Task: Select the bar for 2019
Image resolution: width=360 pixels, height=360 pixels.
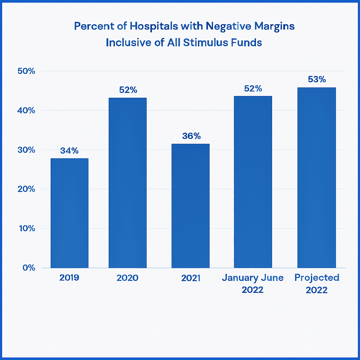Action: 70,213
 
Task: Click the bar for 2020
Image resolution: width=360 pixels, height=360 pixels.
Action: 128,183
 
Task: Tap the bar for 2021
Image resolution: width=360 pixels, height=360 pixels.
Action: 191,206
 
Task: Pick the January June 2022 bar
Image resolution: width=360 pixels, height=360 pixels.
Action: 253,182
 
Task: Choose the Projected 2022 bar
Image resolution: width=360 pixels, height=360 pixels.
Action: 316,178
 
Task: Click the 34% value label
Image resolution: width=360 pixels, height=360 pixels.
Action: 69,151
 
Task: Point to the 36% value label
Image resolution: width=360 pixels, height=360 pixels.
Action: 191,136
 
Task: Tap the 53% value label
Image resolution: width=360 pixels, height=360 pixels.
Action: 317,79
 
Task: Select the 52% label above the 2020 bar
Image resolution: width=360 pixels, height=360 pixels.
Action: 128,90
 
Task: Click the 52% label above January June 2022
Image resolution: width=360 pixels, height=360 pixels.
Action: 253,89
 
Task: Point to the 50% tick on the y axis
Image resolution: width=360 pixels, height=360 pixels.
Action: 26,71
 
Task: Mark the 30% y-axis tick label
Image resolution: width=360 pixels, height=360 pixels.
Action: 26,150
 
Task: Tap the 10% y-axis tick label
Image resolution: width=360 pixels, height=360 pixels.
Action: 26,229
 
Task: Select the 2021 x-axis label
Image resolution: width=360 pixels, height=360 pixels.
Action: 191,278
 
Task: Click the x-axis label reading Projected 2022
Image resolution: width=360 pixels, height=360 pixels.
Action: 317,284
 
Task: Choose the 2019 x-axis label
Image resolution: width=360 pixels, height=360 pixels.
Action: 69,278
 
